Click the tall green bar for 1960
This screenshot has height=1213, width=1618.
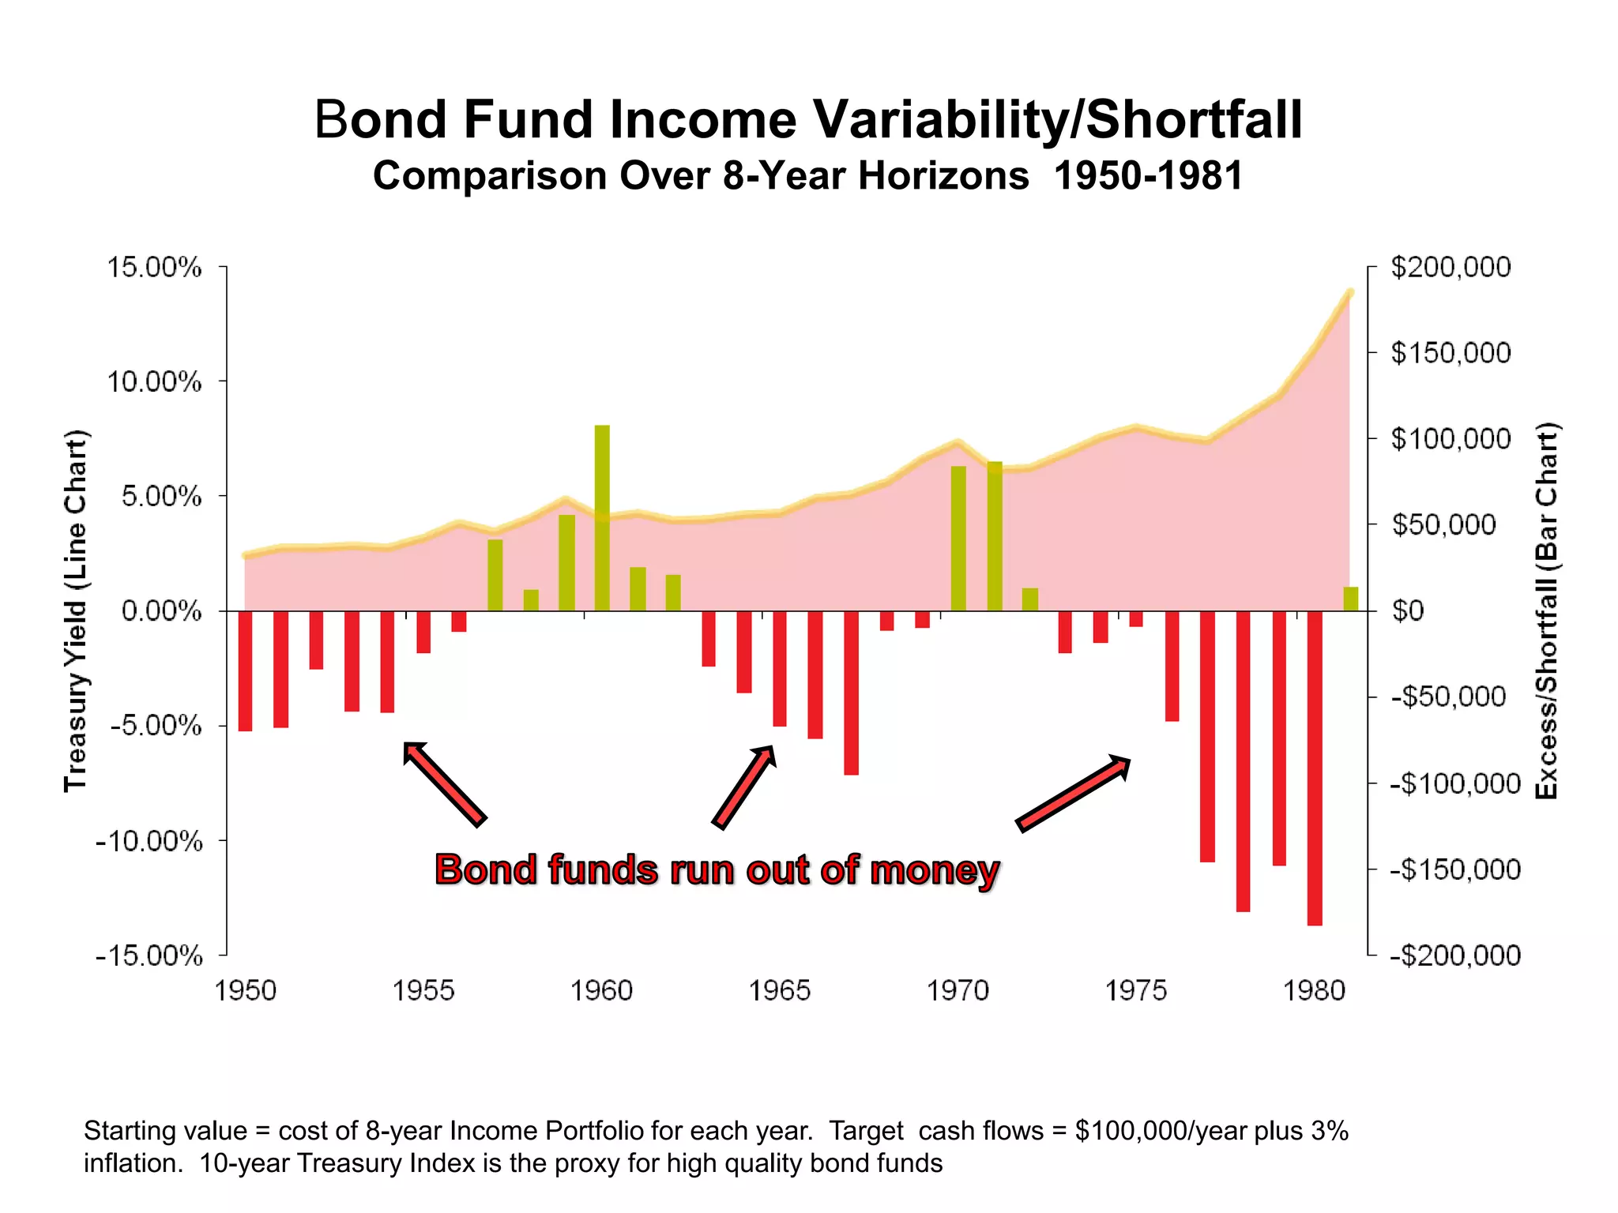(x=602, y=517)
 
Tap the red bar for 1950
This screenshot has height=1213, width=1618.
(x=245, y=670)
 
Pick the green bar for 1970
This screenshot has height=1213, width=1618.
(x=958, y=538)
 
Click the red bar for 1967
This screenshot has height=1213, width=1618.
(x=851, y=692)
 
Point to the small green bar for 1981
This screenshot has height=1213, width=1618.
(x=1350, y=599)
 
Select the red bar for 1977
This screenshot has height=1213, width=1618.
(x=1207, y=735)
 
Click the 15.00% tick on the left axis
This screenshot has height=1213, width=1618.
(x=155, y=268)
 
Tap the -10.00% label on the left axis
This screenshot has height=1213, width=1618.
(x=149, y=841)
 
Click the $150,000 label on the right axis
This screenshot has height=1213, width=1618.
(x=1451, y=353)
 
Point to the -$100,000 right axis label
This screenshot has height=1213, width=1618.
(x=1455, y=784)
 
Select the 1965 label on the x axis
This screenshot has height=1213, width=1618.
(x=780, y=990)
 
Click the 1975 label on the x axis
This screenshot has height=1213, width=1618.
(x=1136, y=990)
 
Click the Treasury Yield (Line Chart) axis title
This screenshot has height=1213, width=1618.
(x=76, y=610)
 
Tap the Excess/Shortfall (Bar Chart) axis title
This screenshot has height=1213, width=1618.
(x=1546, y=610)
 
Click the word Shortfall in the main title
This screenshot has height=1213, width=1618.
(x=1193, y=120)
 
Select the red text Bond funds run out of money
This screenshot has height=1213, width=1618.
(x=717, y=870)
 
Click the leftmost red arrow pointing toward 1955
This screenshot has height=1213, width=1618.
(x=444, y=783)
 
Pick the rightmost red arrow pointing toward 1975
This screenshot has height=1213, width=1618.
(x=1074, y=793)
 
